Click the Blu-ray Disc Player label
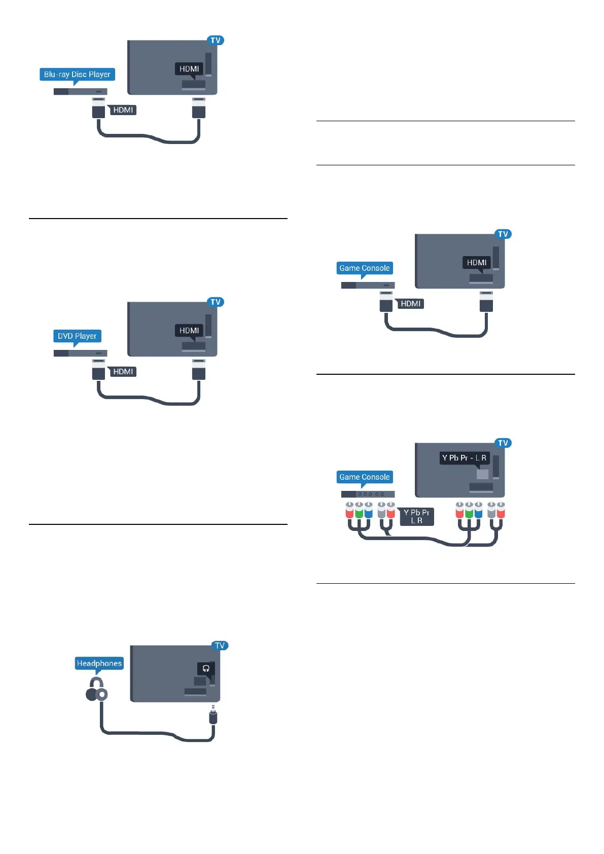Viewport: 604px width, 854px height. coord(77,75)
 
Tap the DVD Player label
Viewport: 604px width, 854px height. coord(77,336)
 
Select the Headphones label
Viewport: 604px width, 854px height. coord(99,663)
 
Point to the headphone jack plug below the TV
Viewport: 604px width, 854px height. coord(213,716)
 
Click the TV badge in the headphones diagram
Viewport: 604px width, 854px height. coord(220,646)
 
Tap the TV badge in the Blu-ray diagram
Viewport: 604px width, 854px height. coord(216,41)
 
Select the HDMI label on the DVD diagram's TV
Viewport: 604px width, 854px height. coord(189,331)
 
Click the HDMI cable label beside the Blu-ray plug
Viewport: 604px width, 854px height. coord(123,110)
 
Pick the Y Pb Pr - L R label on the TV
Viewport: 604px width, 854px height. coord(464,458)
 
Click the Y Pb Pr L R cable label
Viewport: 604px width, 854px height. coord(416,516)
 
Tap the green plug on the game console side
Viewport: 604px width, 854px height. coord(359,511)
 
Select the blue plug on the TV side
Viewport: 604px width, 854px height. coord(478,511)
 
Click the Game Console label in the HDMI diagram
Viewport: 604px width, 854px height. coord(365,268)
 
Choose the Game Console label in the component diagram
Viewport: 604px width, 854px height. coord(365,477)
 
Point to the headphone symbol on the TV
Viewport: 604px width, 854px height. coord(206,668)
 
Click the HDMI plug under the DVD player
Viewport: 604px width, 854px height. coord(98,370)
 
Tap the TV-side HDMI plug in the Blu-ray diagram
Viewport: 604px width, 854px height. coord(199,108)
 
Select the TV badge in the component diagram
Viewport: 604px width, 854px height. coord(503,443)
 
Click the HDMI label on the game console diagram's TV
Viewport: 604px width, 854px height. coord(477,263)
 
